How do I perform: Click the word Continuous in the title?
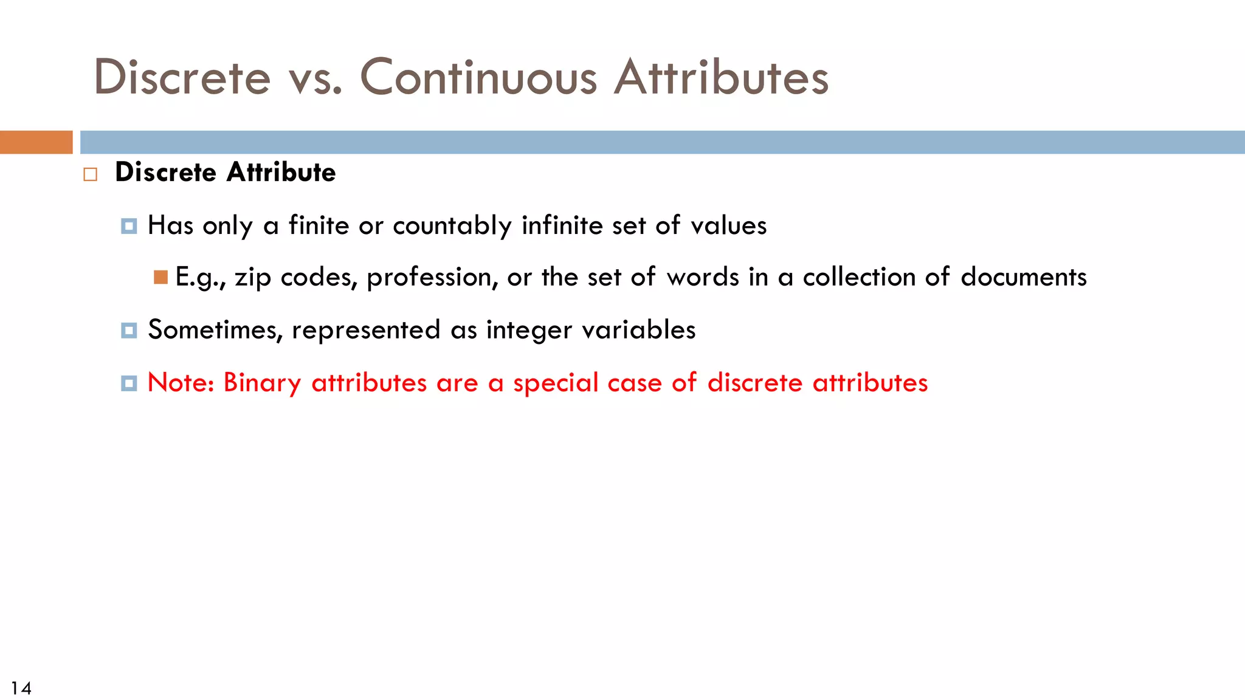coord(478,78)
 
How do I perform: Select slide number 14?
coord(21,688)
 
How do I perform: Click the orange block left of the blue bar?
coord(36,142)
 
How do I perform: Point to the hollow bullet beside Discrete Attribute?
coord(91,175)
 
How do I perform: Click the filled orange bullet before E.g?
coord(160,278)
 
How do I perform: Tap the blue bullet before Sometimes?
coord(129,331)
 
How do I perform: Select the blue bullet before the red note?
coord(129,383)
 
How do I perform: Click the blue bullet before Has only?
coord(129,226)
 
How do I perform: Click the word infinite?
coord(562,225)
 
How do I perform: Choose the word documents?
coord(1024,277)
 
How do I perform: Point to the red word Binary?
coord(262,383)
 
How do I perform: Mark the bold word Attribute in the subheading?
coord(281,173)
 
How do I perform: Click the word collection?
coord(859,277)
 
